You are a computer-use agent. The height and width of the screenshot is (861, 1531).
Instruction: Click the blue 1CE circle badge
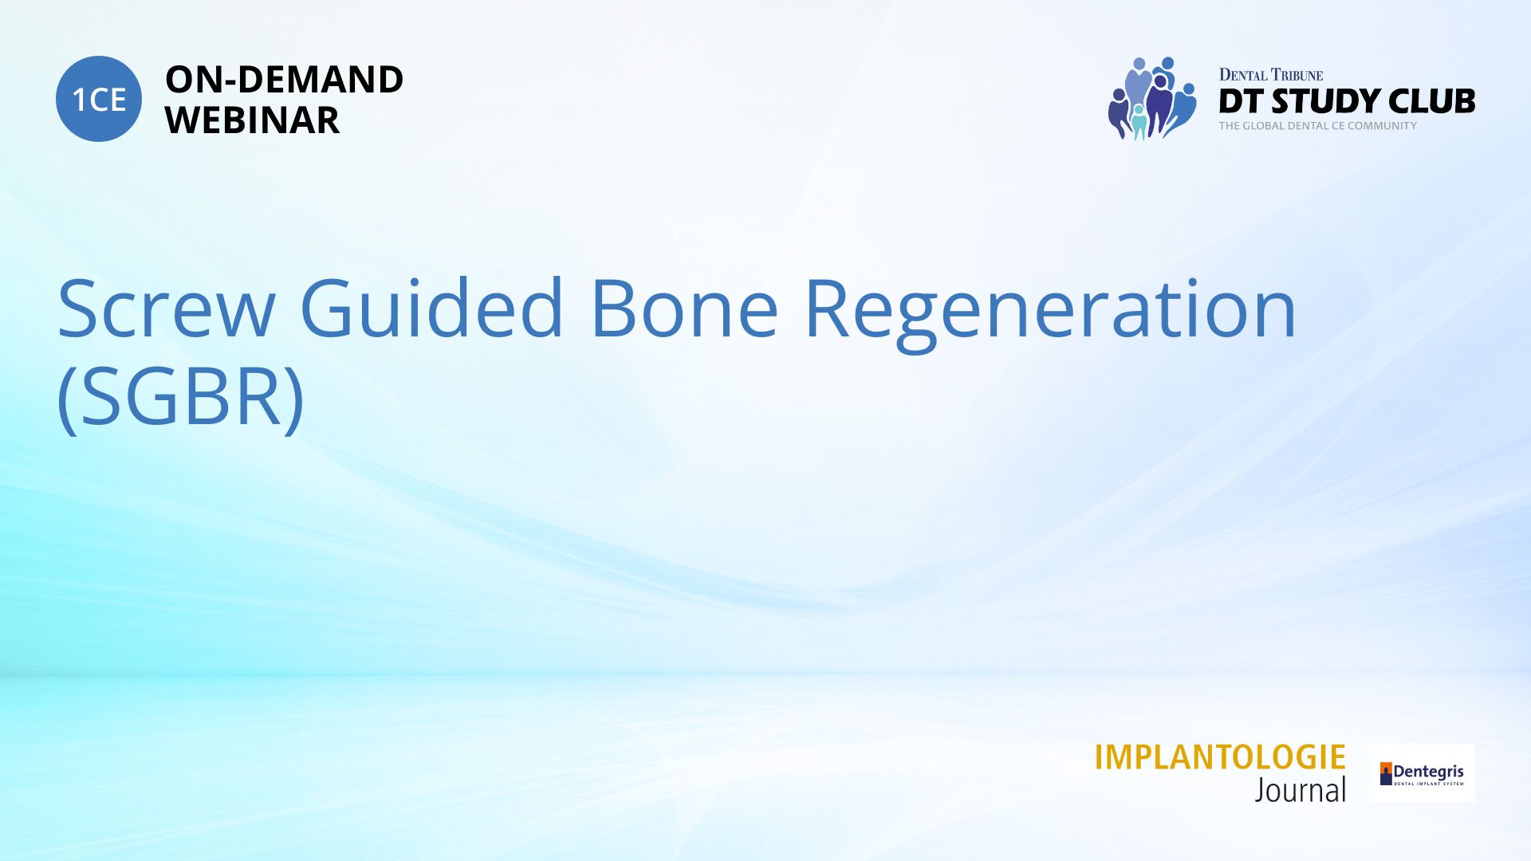tap(99, 99)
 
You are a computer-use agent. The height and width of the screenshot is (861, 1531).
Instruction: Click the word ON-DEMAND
tap(284, 80)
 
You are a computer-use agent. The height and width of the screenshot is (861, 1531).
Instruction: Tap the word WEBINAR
tap(252, 120)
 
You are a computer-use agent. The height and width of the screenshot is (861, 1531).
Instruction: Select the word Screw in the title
tap(167, 309)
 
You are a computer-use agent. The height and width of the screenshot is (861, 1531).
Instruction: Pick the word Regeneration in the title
tap(1051, 313)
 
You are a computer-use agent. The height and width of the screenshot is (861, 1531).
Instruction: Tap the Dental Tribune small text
tap(1271, 75)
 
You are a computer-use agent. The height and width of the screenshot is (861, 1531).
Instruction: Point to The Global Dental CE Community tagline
tap(1318, 126)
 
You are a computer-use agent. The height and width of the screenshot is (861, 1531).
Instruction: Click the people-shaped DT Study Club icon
tap(1152, 98)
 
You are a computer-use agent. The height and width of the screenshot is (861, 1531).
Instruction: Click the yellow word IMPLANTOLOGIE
tap(1220, 757)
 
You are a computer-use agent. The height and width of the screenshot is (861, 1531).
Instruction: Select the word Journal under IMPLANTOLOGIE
tap(1301, 790)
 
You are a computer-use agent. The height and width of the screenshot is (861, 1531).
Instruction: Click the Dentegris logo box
tap(1422, 773)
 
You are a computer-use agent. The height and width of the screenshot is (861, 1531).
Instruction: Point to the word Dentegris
tap(1429, 772)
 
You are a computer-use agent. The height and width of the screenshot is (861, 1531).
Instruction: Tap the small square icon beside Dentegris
tap(1386, 773)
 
